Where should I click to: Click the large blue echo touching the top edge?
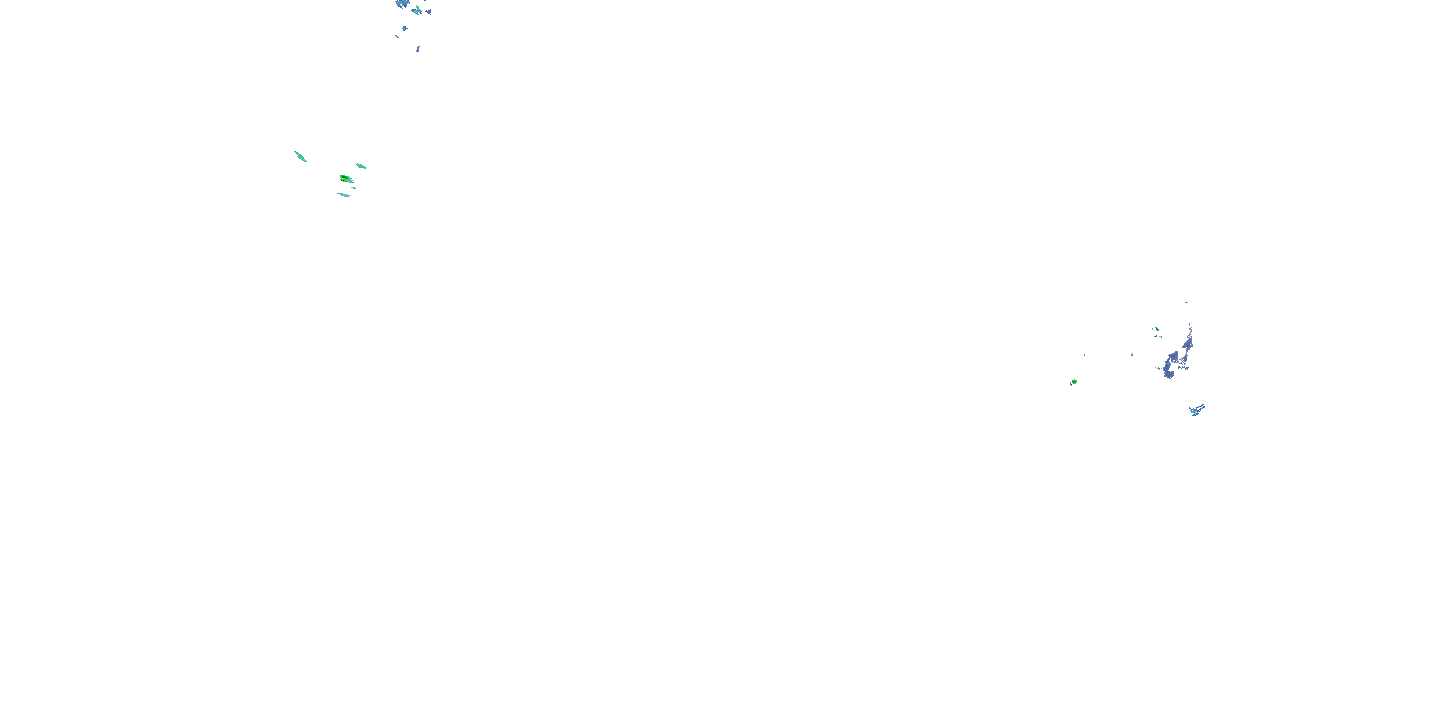point(401,3)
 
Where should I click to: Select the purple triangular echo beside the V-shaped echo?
point(429,11)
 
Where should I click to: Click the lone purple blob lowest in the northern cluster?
point(417,49)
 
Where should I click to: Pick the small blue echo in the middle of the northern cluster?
point(404,28)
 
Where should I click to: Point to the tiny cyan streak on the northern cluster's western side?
point(397,37)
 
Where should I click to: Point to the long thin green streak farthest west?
point(299,156)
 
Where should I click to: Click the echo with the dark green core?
point(345,179)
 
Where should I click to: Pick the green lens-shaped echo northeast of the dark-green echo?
point(361,166)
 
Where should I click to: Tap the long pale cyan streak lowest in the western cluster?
point(343,195)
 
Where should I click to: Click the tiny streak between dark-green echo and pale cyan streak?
point(353,188)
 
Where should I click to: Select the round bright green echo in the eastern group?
point(1073,382)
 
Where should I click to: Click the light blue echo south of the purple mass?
point(1196,410)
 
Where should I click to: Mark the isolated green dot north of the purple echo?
point(1186,302)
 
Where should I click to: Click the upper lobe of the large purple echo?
point(1186,343)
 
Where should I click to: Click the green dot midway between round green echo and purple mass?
point(1132,355)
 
